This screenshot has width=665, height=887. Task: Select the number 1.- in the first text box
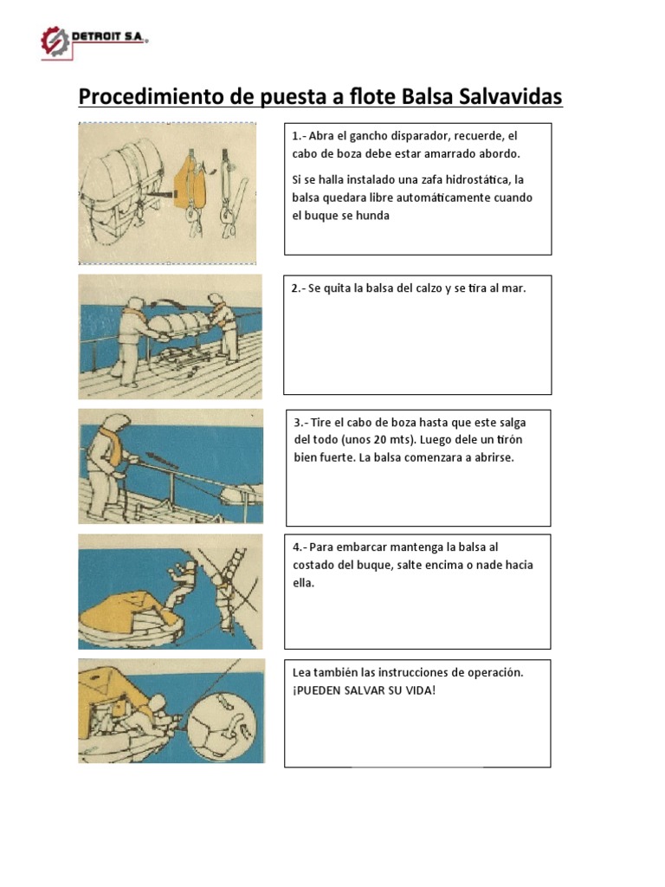300,136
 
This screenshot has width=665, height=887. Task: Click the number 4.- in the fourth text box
300,547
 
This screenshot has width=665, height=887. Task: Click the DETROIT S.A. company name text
110,38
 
